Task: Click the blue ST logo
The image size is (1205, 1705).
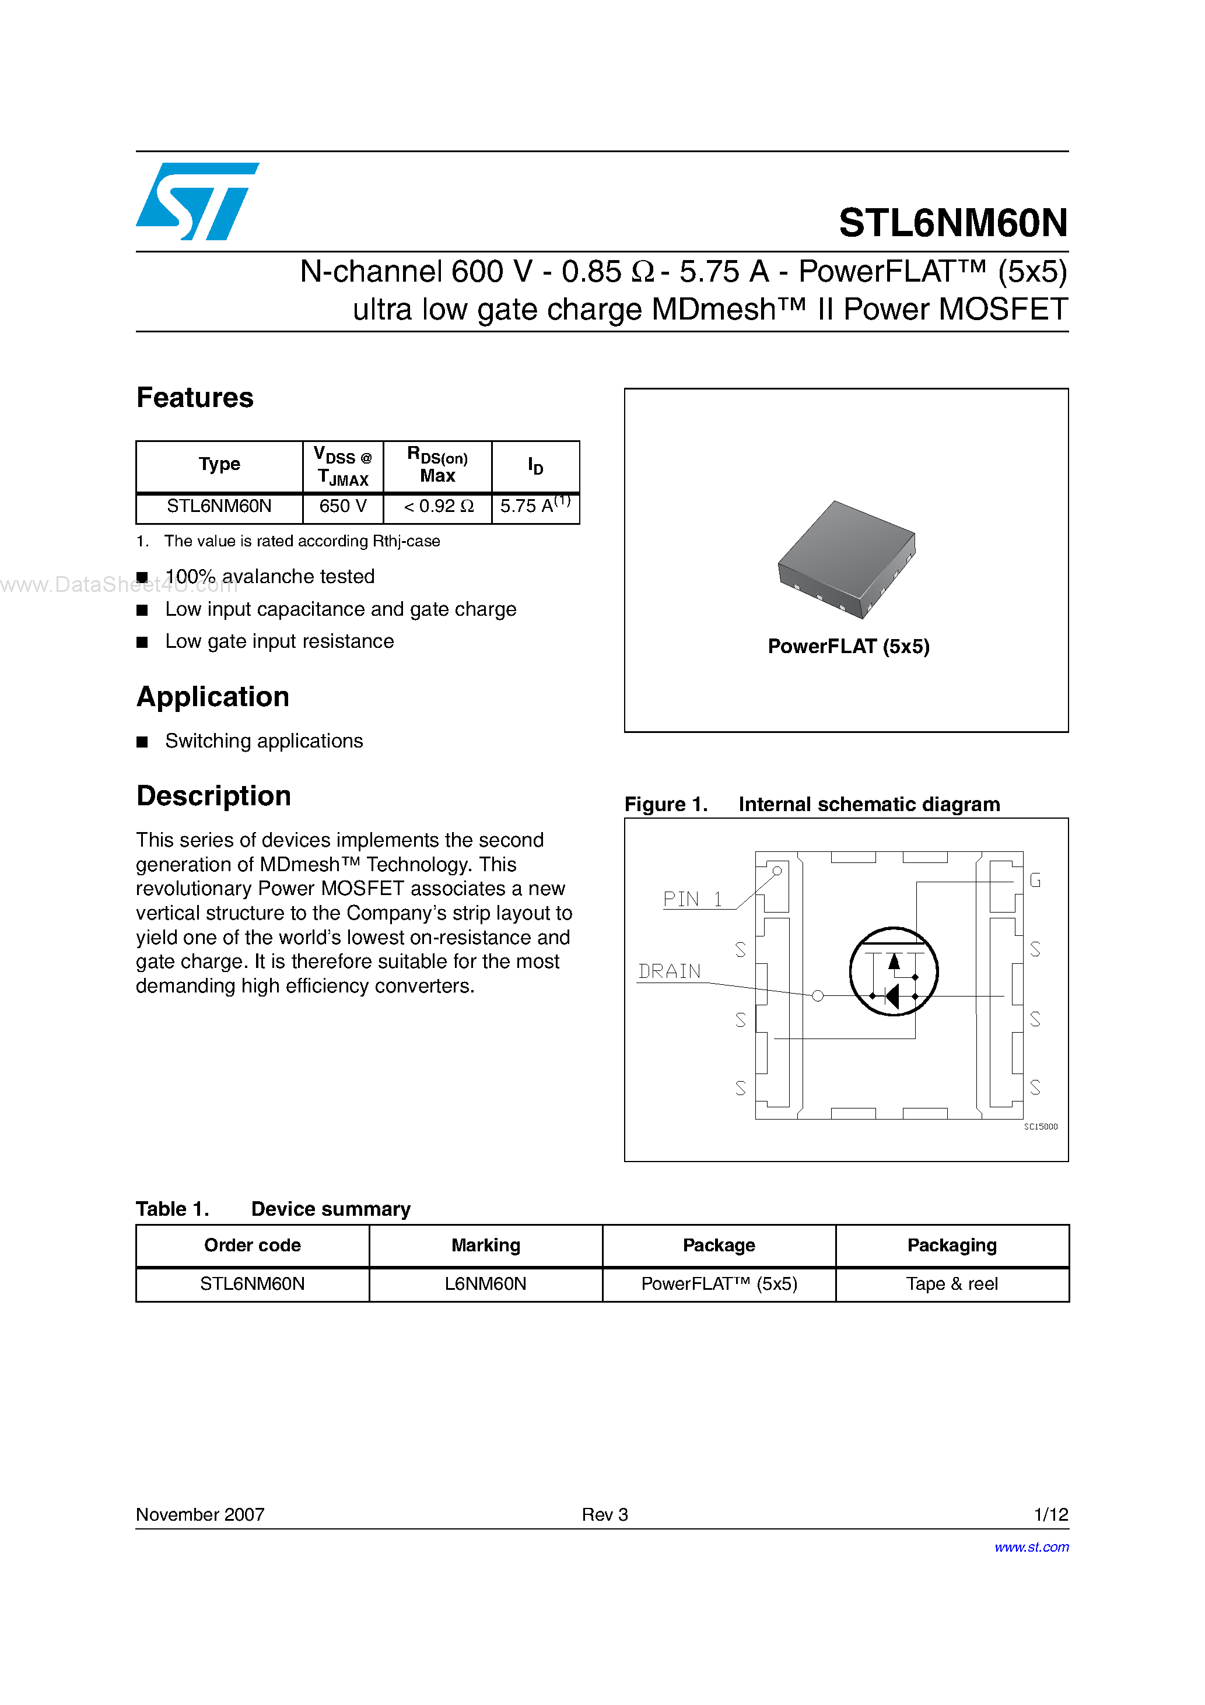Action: (197, 201)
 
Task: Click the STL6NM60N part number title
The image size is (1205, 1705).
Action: (952, 223)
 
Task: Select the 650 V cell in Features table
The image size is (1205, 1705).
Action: (342, 507)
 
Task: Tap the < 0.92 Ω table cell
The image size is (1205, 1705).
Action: (437, 507)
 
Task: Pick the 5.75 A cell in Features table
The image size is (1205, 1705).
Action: (535, 507)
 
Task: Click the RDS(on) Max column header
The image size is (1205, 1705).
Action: (437, 465)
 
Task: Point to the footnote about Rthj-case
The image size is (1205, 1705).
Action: (302, 541)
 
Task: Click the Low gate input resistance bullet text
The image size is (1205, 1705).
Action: (279, 641)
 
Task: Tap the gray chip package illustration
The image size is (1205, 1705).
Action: (846, 559)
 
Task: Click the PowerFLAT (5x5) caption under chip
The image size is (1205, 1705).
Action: (849, 647)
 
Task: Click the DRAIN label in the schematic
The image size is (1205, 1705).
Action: (670, 972)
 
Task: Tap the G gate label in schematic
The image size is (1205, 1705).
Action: (1035, 880)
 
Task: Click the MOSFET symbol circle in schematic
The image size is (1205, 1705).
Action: (894, 971)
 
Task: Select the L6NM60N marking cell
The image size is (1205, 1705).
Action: (485, 1284)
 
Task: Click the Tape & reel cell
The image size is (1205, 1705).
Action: (952, 1284)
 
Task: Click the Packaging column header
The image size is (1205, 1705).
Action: (952, 1246)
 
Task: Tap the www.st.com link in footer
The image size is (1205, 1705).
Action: (1031, 1547)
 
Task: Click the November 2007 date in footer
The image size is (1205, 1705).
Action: (200, 1514)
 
